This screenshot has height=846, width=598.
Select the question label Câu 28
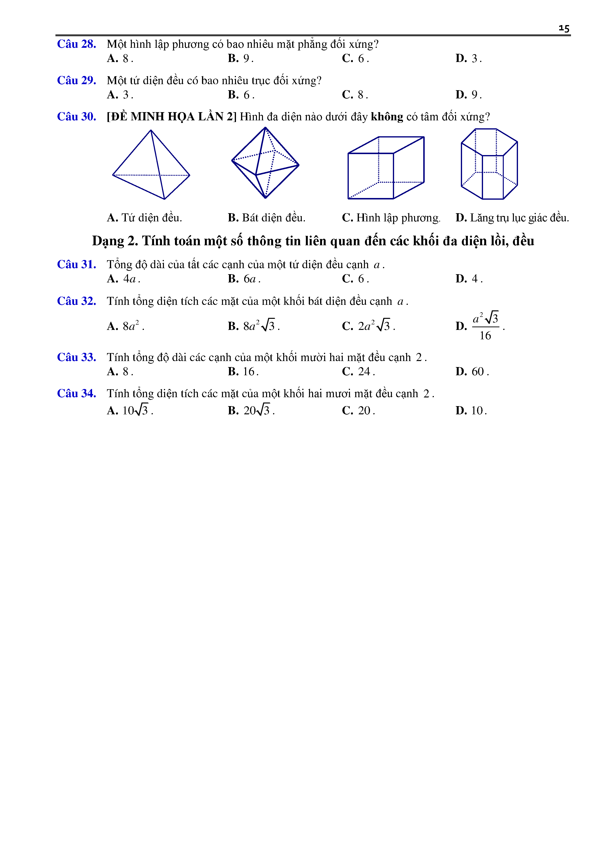point(77,44)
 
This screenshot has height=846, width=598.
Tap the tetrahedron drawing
point(151,165)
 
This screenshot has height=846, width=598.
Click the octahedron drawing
point(265,163)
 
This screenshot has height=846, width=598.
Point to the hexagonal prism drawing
point(489,164)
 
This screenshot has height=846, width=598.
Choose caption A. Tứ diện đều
point(144,218)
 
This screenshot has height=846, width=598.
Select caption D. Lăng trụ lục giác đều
point(512,218)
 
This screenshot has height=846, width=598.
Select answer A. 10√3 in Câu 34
point(130,410)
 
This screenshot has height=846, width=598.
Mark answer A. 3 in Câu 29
point(120,95)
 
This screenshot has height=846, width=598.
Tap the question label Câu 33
point(77,357)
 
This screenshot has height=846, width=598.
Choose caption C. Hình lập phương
point(391,218)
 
